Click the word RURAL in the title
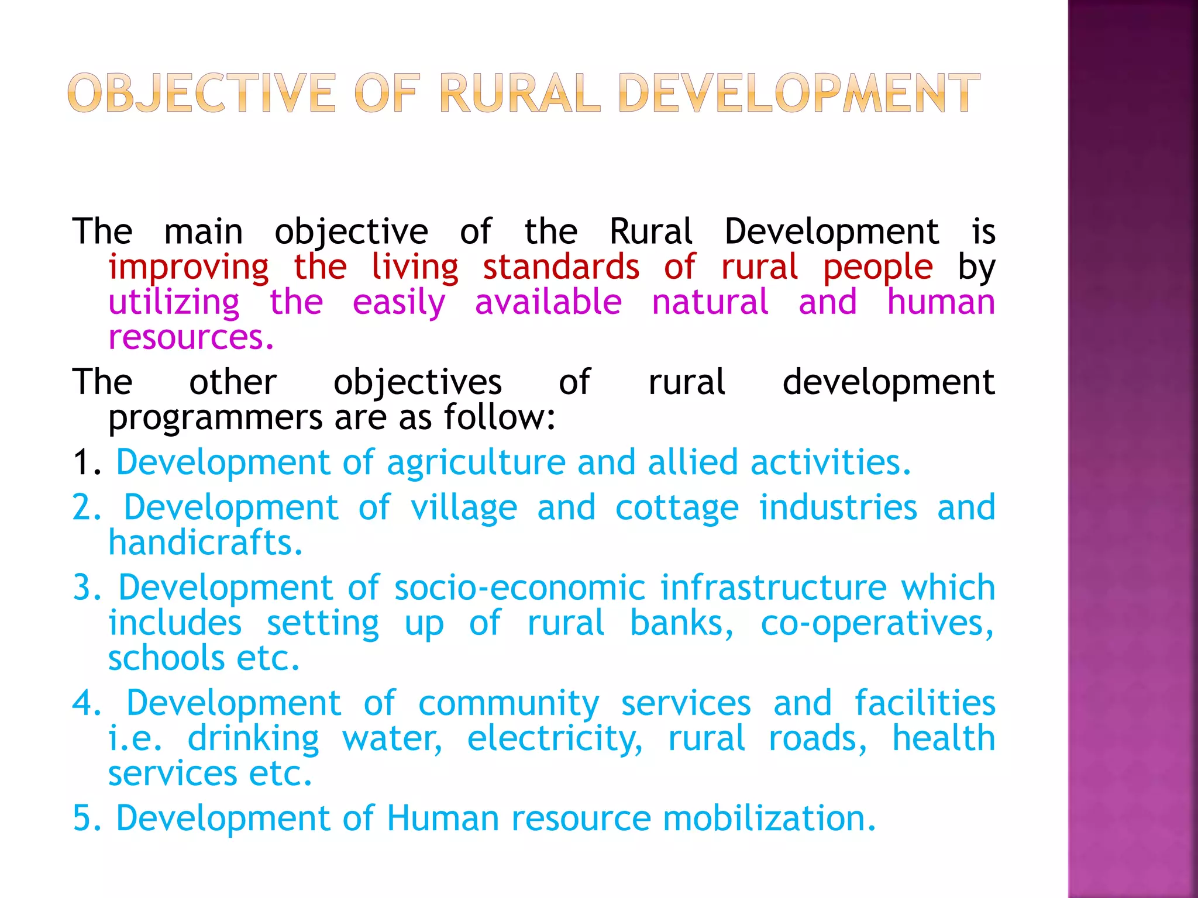pyautogui.click(x=519, y=93)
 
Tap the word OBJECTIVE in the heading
pyautogui.click(x=202, y=93)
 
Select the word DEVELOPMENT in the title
pyautogui.click(x=798, y=93)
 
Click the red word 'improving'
pyautogui.click(x=188, y=268)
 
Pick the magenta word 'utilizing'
pyautogui.click(x=174, y=303)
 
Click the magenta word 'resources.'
pyautogui.click(x=191, y=337)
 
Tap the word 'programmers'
pyautogui.click(x=215, y=419)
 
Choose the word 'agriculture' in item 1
pyautogui.click(x=476, y=464)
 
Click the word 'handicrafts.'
pyautogui.click(x=205, y=543)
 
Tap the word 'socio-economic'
pyautogui.click(x=520, y=588)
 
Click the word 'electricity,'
pyautogui.click(x=555, y=739)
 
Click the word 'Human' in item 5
pyautogui.click(x=443, y=818)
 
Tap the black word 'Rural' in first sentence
pyautogui.click(x=651, y=231)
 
